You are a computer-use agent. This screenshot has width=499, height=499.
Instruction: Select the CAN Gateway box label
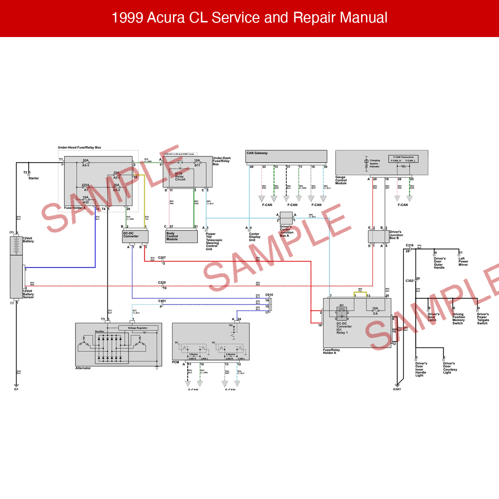click(x=257, y=153)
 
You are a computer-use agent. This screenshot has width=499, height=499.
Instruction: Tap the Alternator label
click(x=83, y=368)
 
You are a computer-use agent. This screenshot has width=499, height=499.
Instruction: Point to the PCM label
click(x=176, y=362)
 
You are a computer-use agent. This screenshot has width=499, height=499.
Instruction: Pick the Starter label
click(x=34, y=178)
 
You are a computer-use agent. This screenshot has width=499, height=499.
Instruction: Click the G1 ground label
click(x=16, y=389)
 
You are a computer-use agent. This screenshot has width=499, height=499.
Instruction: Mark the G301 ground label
click(x=397, y=389)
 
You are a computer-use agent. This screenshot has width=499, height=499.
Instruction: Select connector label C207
click(x=162, y=257)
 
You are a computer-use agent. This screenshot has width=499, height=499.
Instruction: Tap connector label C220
click(x=162, y=283)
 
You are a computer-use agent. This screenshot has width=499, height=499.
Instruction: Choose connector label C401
click(x=162, y=301)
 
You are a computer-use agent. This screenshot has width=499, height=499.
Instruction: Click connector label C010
click(x=269, y=295)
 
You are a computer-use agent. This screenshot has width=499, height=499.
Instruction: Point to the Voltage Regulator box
click(x=137, y=328)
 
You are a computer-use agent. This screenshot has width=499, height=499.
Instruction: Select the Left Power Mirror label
click(x=463, y=262)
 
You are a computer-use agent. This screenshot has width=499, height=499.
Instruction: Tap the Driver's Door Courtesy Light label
click(x=450, y=368)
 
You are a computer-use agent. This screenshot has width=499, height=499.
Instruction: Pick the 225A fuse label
click(x=85, y=185)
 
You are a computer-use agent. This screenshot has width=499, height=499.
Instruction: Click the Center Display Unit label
click(x=254, y=237)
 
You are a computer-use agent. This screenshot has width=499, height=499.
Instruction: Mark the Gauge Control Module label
click(x=341, y=180)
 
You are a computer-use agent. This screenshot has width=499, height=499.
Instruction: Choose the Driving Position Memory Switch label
click(x=458, y=319)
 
